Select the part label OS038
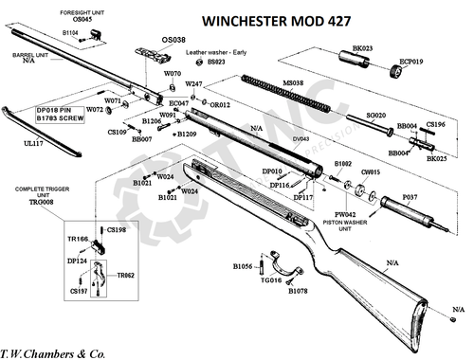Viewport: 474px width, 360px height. [173, 41]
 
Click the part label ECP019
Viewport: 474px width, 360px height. [414, 62]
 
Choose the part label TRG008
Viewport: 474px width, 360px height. [39, 202]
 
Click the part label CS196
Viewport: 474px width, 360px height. [434, 124]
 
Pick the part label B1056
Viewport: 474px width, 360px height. [244, 267]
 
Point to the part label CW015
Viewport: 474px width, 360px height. [370, 172]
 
